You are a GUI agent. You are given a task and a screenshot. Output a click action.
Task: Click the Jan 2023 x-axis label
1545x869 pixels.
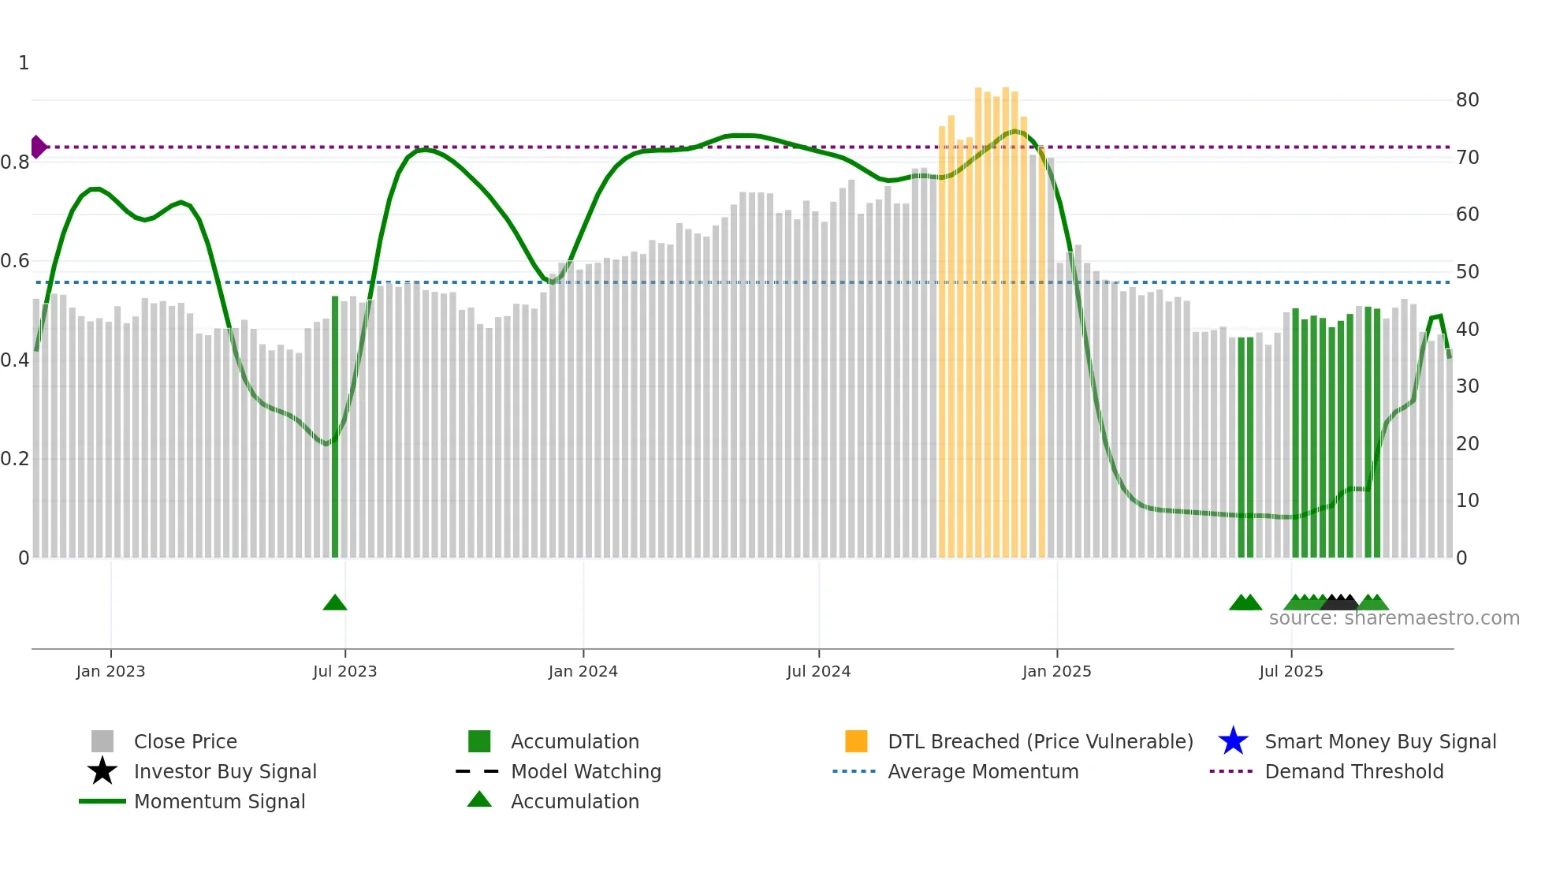[x=110, y=671]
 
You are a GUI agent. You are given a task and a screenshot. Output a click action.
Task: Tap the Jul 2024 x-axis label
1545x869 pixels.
[x=818, y=671]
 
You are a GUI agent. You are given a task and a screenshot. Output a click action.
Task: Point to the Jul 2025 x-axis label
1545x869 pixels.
[x=1290, y=671]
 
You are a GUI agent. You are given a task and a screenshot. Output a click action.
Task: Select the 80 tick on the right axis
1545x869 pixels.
[x=1467, y=100]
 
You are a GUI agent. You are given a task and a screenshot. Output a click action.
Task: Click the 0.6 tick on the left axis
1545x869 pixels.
[x=14, y=261]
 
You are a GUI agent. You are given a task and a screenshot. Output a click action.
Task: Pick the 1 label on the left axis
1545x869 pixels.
[x=24, y=63]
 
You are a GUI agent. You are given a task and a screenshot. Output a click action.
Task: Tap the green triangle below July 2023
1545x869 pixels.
[x=335, y=603]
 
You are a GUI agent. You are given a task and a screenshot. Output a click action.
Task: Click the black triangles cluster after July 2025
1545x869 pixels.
[x=1340, y=602]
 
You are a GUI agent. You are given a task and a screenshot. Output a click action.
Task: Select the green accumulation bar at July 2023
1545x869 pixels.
[x=335, y=426]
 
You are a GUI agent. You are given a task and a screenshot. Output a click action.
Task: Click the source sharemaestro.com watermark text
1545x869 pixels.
[x=1394, y=618]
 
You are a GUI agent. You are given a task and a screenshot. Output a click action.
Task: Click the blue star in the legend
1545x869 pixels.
[x=1233, y=741]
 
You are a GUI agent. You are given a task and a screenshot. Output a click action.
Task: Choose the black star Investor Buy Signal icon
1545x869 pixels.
[x=102, y=771]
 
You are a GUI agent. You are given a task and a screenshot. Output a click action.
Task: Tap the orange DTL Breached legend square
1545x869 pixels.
[x=856, y=741]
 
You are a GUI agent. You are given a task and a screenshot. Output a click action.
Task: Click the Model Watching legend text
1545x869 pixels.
[x=586, y=771]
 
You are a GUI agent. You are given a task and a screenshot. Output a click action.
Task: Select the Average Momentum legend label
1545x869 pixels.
[x=983, y=771]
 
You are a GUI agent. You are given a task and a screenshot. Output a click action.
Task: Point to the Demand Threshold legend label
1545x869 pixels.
[x=1353, y=771]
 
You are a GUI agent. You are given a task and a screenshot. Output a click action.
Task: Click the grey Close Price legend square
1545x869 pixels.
[x=102, y=741]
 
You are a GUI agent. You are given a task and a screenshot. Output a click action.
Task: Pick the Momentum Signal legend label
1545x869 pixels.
[x=219, y=801]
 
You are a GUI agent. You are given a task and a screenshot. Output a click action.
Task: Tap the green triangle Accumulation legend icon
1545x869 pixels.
[x=479, y=800]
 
